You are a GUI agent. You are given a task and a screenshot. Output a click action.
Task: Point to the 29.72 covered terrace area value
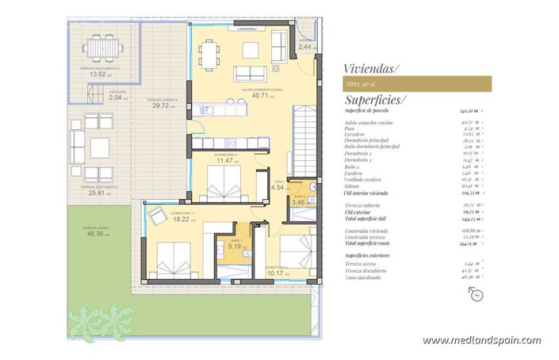(159, 105)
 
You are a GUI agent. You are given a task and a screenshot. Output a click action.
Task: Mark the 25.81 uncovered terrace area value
(97, 193)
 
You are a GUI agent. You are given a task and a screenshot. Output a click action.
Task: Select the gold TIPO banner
(418, 83)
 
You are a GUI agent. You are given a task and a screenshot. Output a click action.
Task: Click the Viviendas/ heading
(371, 68)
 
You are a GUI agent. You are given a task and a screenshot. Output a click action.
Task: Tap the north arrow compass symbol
(476, 295)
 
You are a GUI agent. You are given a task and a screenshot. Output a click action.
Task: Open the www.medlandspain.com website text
(481, 340)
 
